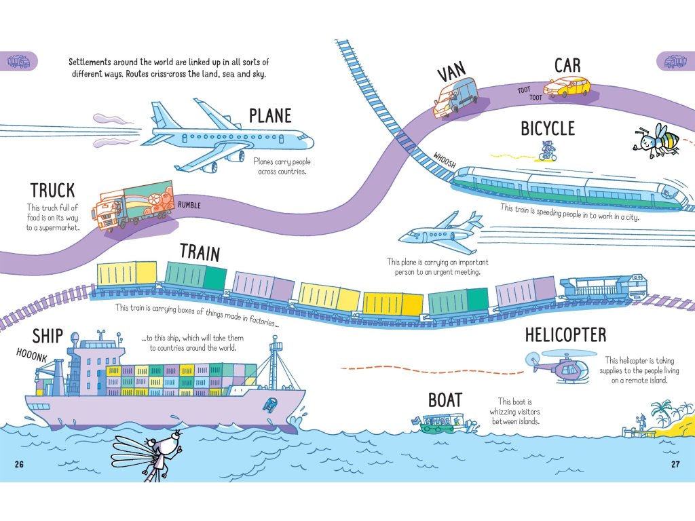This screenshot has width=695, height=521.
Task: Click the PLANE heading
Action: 270,115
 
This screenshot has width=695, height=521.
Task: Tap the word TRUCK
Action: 52,191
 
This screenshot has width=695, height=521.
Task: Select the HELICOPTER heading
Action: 565,334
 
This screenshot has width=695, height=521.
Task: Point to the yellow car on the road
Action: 567,87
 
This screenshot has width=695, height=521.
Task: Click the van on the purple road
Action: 455,97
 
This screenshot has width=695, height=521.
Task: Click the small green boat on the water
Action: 440,424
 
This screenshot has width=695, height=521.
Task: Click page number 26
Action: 19,464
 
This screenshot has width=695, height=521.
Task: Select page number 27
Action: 675,464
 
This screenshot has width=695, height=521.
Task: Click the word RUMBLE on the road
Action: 189,205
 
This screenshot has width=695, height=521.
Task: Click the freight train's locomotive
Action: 603,288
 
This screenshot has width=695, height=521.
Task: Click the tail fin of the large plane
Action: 162,115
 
